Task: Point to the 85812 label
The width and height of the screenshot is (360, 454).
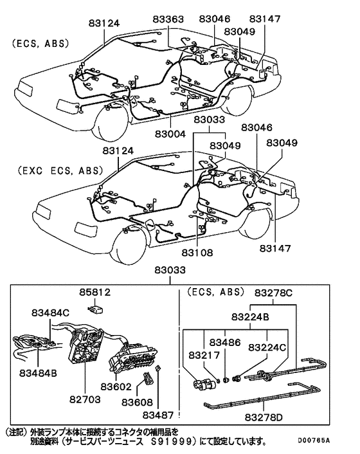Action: (x=95, y=293)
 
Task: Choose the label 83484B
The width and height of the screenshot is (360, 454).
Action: (x=39, y=372)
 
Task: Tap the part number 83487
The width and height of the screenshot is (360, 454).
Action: (x=159, y=417)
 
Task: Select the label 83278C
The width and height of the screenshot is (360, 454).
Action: (x=273, y=293)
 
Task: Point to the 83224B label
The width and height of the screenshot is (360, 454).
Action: (x=250, y=317)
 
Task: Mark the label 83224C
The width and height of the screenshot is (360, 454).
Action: (x=268, y=347)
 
